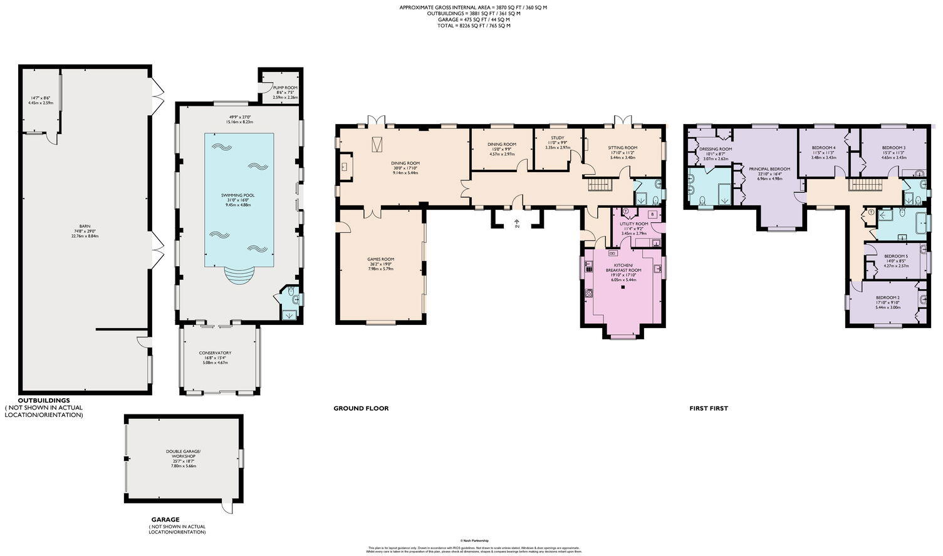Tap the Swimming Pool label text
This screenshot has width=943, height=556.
tap(238, 195)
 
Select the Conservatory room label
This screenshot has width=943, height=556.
tap(216, 353)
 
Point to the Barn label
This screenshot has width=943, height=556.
tap(85, 227)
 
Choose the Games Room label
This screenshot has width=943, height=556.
tap(380, 259)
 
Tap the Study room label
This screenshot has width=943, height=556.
tap(557, 138)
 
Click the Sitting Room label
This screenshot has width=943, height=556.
tap(622, 148)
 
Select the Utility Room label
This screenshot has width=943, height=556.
tap(633, 224)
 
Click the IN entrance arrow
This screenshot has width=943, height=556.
tap(516, 223)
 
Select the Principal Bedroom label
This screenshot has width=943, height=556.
tap(769, 169)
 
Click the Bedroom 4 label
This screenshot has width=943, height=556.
tap(823, 148)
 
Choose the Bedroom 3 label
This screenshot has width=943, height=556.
tap(894, 148)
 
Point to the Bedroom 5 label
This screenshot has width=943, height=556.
tap(895, 256)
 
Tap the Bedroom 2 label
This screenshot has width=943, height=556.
tap(887, 297)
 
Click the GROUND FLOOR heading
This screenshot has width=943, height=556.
tap(361, 408)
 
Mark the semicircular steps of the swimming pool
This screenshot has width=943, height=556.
tap(239, 275)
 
